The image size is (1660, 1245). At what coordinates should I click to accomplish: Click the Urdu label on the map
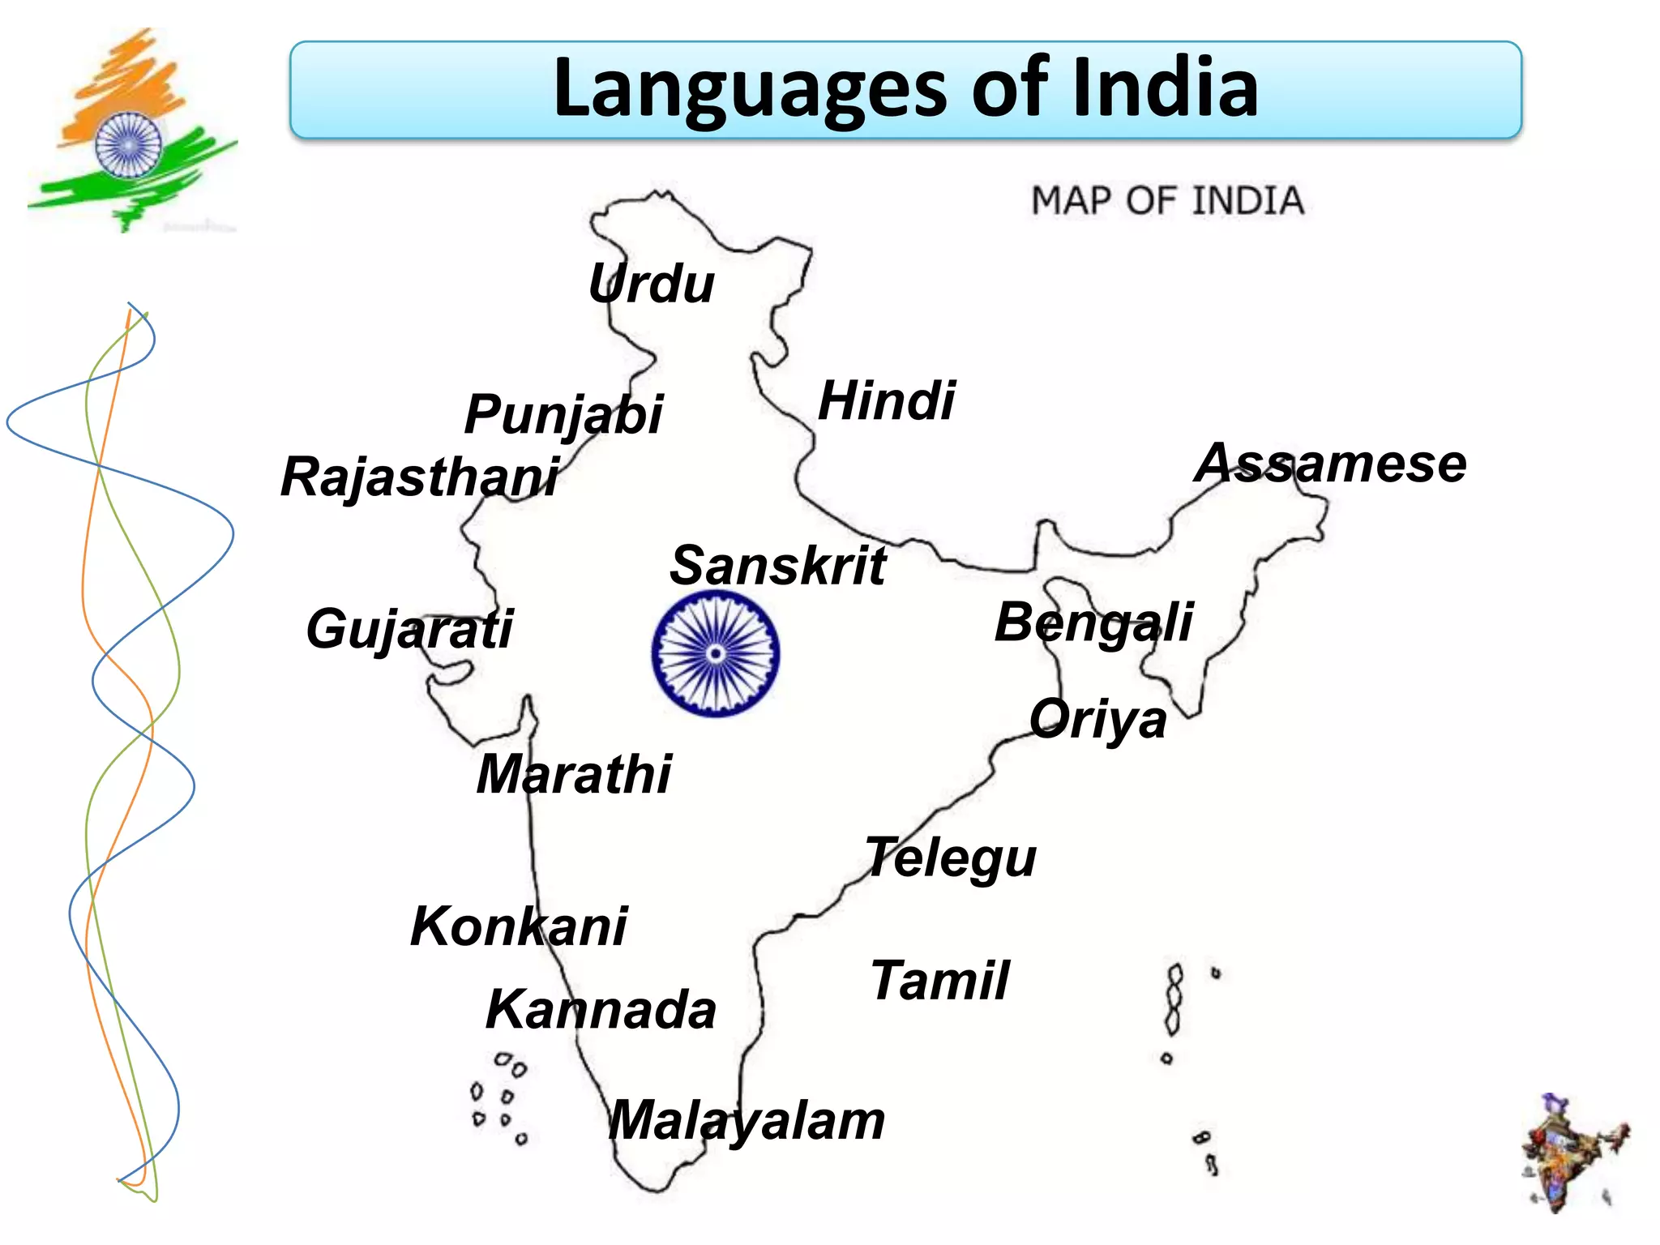click(651, 284)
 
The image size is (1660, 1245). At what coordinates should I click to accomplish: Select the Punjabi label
click(564, 415)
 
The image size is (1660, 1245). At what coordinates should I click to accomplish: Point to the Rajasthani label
click(420, 477)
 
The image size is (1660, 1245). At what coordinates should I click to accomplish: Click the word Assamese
click(1330, 464)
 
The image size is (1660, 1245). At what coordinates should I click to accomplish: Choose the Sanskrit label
click(777, 565)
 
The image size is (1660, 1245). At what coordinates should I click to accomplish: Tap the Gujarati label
click(409, 629)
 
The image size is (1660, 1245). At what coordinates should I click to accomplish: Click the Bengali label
click(1093, 622)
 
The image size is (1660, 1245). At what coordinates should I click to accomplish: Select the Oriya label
click(1097, 719)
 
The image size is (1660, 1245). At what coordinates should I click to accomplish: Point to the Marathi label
click(574, 774)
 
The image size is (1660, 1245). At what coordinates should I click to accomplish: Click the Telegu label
click(951, 858)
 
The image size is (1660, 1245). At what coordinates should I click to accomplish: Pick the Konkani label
click(519, 926)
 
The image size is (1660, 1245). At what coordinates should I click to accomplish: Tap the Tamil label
click(940, 980)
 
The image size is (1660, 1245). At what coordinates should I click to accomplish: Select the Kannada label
click(601, 1010)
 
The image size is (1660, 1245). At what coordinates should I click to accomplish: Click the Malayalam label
click(747, 1121)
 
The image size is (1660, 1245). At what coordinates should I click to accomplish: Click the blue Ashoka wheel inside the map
click(716, 653)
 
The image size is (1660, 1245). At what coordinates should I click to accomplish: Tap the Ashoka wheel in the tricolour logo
click(128, 145)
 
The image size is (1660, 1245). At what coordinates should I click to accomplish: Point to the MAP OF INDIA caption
click(1167, 200)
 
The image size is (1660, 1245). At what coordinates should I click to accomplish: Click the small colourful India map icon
click(1572, 1152)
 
